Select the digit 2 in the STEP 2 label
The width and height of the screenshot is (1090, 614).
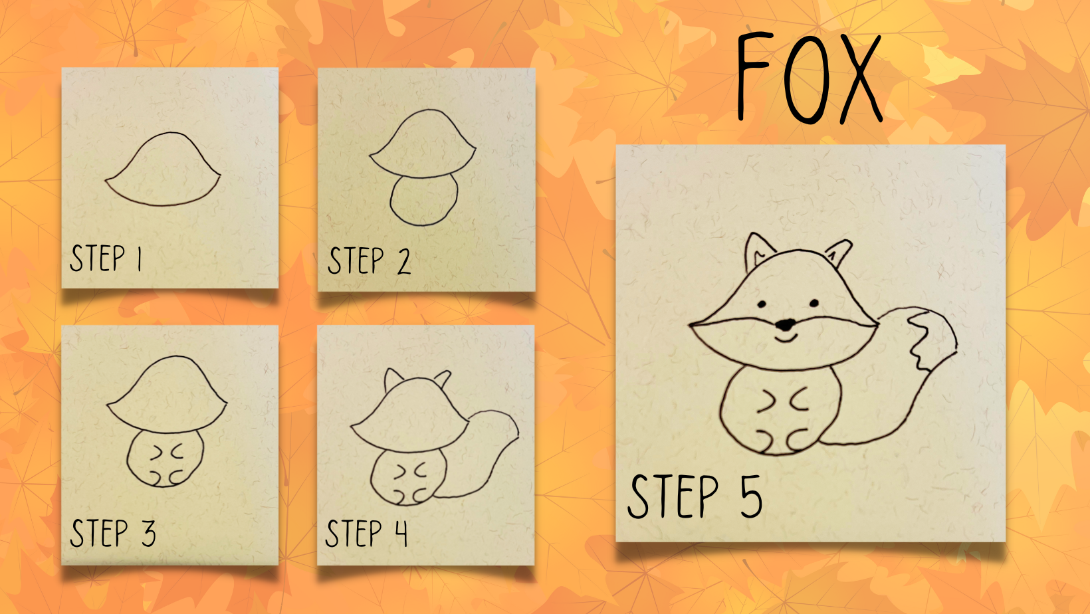[x=403, y=261]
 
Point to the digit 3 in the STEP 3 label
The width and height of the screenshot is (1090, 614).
[x=149, y=533]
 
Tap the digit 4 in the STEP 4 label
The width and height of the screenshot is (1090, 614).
[x=401, y=533]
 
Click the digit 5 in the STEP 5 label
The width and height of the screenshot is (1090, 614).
[x=751, y=496]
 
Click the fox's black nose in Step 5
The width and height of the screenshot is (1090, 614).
[x=785, y=324]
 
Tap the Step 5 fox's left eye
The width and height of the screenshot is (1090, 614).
[x=762, y=304]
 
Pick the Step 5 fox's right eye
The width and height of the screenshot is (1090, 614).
[x=814, y=303]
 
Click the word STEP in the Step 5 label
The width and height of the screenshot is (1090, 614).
[x=673, y=496]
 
